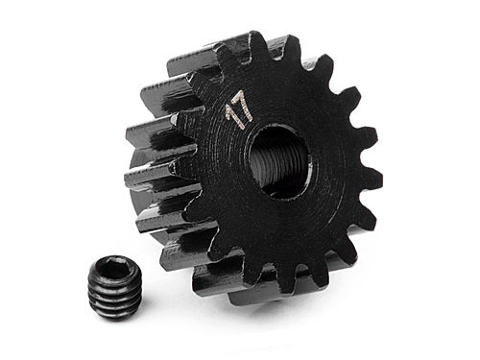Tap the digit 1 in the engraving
231,120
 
